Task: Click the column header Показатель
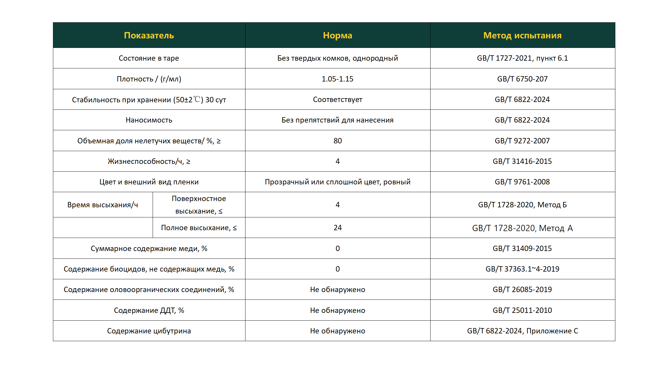[x=149, y=35]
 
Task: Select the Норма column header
[x=337, y=35]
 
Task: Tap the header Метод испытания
[x=522, y=35]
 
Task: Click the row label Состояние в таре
[x=149, y=58]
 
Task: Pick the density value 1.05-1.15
[x=337, y=79]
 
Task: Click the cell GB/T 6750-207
[x=522, y=79]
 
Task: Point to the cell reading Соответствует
[x=337, y=99]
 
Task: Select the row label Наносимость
[x=149, y=120]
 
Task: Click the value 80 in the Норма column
[x=337, y=141]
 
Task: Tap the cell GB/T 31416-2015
[x=522, y=161]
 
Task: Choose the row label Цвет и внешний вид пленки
[x=149, y=182]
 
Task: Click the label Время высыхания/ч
[x=103, y=205]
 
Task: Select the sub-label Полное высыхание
[x=199, y=228]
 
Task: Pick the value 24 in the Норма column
[x=337, y=228]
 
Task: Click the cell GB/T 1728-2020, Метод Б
[x=522, y=205]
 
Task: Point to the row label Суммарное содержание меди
[x=149, y=248]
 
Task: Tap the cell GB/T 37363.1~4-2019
[x=522, y=269]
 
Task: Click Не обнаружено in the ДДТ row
[x=337, y=310]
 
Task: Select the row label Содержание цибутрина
[x=149, y=331]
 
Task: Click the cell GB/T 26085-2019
[x=522, y=289]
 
